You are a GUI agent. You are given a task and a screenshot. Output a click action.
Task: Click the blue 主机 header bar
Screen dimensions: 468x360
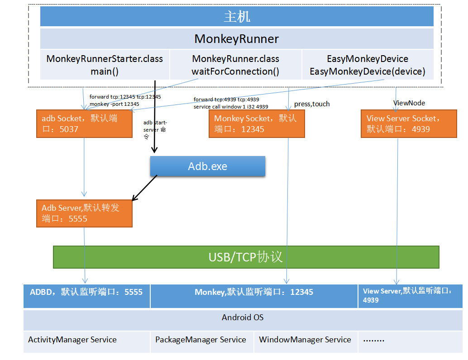click(237, 16)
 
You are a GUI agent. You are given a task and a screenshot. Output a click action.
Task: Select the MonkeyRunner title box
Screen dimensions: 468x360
click(237, 39)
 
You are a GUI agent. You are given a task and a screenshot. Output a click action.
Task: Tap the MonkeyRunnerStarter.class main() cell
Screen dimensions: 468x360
click(105, 65)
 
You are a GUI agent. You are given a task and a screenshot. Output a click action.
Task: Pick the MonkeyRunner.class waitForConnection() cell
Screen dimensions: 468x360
click(235, 65)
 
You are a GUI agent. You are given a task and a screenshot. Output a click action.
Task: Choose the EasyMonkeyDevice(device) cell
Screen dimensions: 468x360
click(368, 65)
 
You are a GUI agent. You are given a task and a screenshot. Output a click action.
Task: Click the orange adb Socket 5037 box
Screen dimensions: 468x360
click(84, 124)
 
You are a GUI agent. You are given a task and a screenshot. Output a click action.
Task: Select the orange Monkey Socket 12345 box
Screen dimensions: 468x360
click(257, 124)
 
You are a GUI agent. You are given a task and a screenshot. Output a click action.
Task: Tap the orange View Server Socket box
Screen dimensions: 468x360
click(409, 124)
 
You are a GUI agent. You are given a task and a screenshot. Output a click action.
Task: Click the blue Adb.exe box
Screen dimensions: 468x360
click(208, 166)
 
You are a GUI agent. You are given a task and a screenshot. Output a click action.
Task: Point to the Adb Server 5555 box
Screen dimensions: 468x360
click(84, 213)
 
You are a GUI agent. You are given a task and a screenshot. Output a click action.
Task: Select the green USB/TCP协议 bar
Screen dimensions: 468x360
click(246, 257)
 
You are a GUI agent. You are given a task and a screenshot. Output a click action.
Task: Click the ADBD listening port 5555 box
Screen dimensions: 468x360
click(86, 296)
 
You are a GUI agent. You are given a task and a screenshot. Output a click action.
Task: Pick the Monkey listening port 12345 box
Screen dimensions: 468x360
click(254, 296)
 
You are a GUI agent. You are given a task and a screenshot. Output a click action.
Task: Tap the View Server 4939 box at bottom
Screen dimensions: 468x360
click(411, 296)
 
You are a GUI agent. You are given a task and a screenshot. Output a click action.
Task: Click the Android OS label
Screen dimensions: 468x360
click(243, 317)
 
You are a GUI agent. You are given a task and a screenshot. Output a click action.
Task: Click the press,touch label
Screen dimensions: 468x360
click(312, 104)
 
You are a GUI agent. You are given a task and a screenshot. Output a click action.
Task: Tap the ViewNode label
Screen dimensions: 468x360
click(409, 103)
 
